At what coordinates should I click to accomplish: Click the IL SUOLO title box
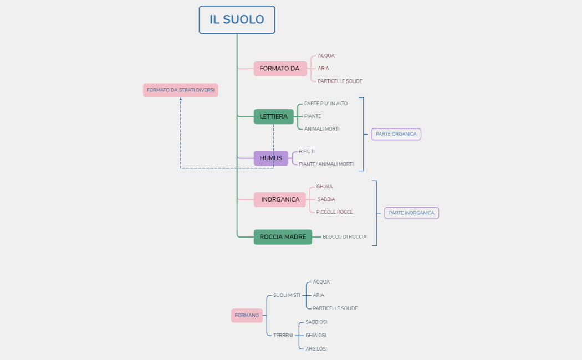(237, 20)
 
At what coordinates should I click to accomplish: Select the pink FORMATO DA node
(280, 69)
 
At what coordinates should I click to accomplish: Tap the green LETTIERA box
(274, 117)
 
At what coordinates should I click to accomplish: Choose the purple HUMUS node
(271, 158)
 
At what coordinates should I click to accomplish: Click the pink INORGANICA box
(280, 199)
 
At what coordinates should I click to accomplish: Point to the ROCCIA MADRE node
(283, 237)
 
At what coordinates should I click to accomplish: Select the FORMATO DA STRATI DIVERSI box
(180, 90)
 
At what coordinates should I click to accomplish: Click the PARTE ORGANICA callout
(396, 134)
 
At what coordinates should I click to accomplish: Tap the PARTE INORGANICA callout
(411, 213)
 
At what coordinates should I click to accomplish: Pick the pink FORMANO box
(247, 316)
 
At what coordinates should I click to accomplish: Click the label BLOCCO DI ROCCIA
(344, 237)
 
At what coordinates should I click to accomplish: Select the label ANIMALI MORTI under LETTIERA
(321, 129)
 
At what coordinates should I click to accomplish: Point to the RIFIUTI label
(307, 151)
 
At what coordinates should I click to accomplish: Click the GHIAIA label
(324, 187)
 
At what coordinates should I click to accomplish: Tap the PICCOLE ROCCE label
(334, 212)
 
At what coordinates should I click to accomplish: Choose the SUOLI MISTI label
(287, 295)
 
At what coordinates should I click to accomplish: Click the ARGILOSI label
(316, 349)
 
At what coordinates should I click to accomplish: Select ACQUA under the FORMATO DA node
(326, 56)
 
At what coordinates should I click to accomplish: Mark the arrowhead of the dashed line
(181, 100)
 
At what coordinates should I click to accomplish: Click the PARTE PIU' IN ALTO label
(326, 104)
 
